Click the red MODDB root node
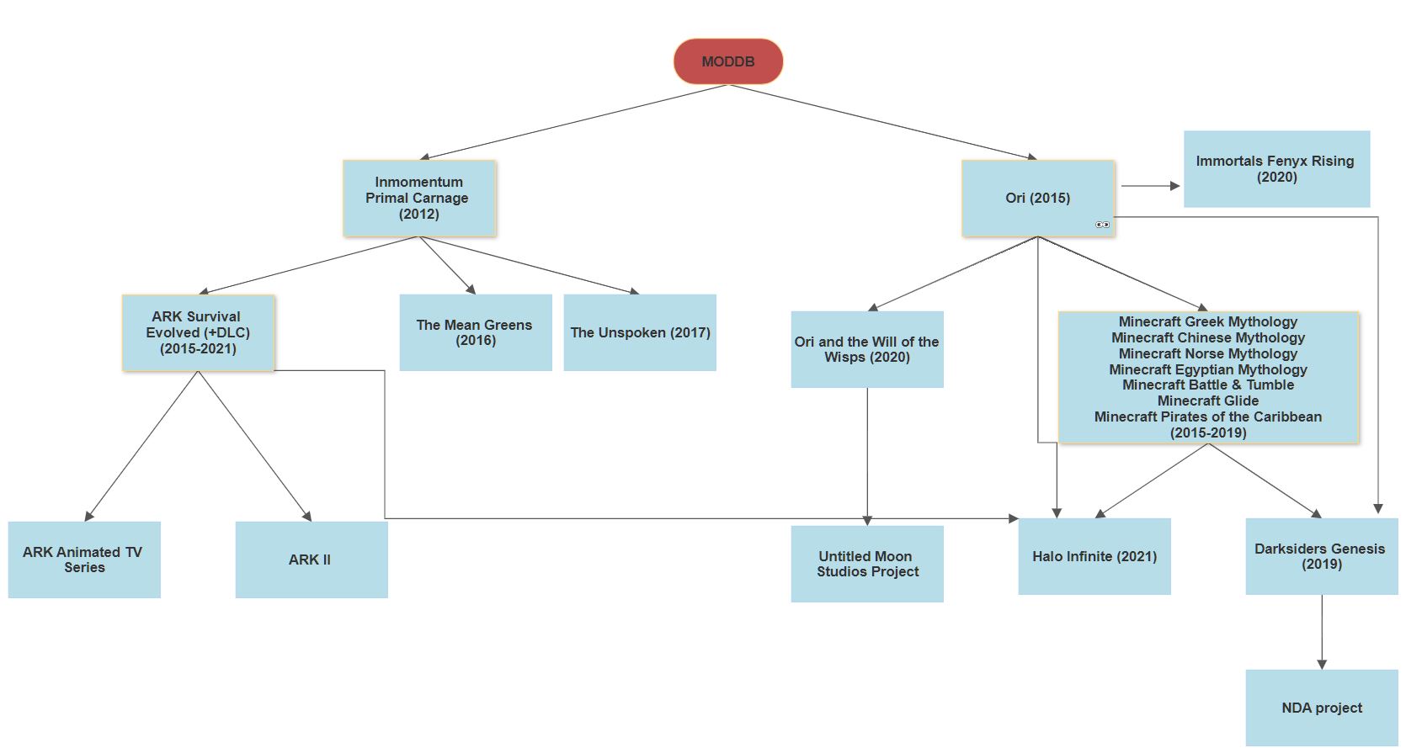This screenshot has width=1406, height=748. (x=728, y=61)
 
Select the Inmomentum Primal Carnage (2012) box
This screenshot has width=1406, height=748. (x=419, y=199)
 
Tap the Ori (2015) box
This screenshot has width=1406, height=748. (x=1037, y=199)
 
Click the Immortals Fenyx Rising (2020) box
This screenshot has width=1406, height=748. (x=1276, y=169)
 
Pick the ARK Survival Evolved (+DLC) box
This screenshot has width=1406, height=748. (x=199, y=333)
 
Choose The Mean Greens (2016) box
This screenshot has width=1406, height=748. (x=475, y=333)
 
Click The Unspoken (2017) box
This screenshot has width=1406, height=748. (x=640, y=333)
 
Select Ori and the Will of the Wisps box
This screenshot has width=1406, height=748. (x=867, y=350)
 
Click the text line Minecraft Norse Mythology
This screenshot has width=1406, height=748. (x=1208, y=353)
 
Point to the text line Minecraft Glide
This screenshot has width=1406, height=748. (x=1208, y=401)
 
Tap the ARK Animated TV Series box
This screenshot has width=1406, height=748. (x=84, y=560)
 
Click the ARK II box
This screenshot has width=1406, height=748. (x=312, y=560)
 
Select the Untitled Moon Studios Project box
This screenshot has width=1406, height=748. (x=867, y=565)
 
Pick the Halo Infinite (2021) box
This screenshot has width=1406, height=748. (x=1094, y=557)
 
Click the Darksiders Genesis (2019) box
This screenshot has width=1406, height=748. (x=1321, y=557)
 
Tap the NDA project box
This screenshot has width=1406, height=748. (x=1321, y=708)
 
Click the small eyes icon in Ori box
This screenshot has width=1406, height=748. (x=1102, y=225)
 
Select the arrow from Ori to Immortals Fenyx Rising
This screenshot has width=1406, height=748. (x=1150, y=186)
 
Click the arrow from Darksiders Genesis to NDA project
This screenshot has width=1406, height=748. (x=1322, y=632)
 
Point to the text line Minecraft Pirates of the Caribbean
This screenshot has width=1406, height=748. (x=1208, y=417)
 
